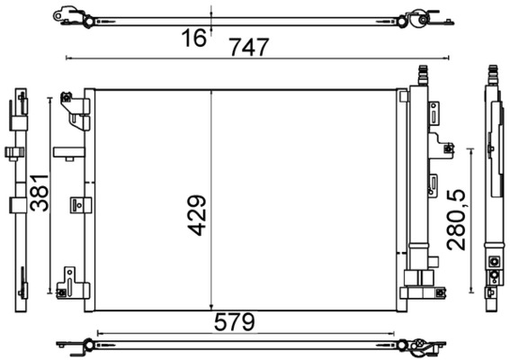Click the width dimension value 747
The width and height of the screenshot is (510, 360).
point(249,48)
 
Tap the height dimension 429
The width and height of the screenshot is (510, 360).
point(198,216)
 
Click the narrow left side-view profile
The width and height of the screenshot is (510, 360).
point(20,193)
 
